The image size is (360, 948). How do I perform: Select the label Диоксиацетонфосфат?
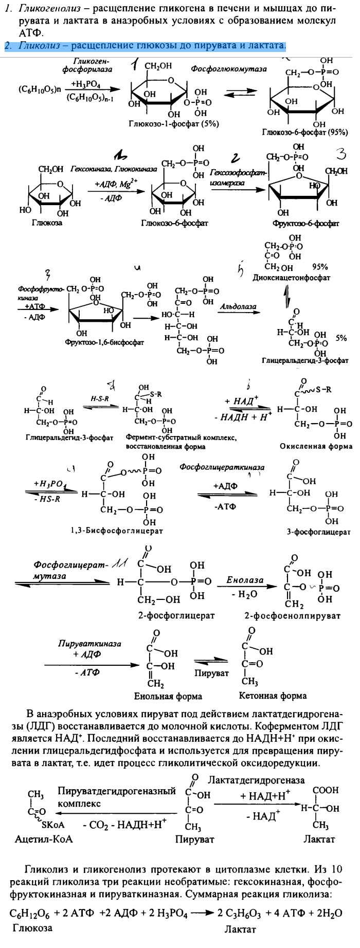coord(292,278)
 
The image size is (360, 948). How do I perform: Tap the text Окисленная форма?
coord(316,446)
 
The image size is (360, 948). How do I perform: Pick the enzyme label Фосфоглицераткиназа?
coord(222,467)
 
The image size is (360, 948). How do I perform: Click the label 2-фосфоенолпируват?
coord(292,615)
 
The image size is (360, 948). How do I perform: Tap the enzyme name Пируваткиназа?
coord(90,644)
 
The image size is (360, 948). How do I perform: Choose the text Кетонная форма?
coord(273,696)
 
